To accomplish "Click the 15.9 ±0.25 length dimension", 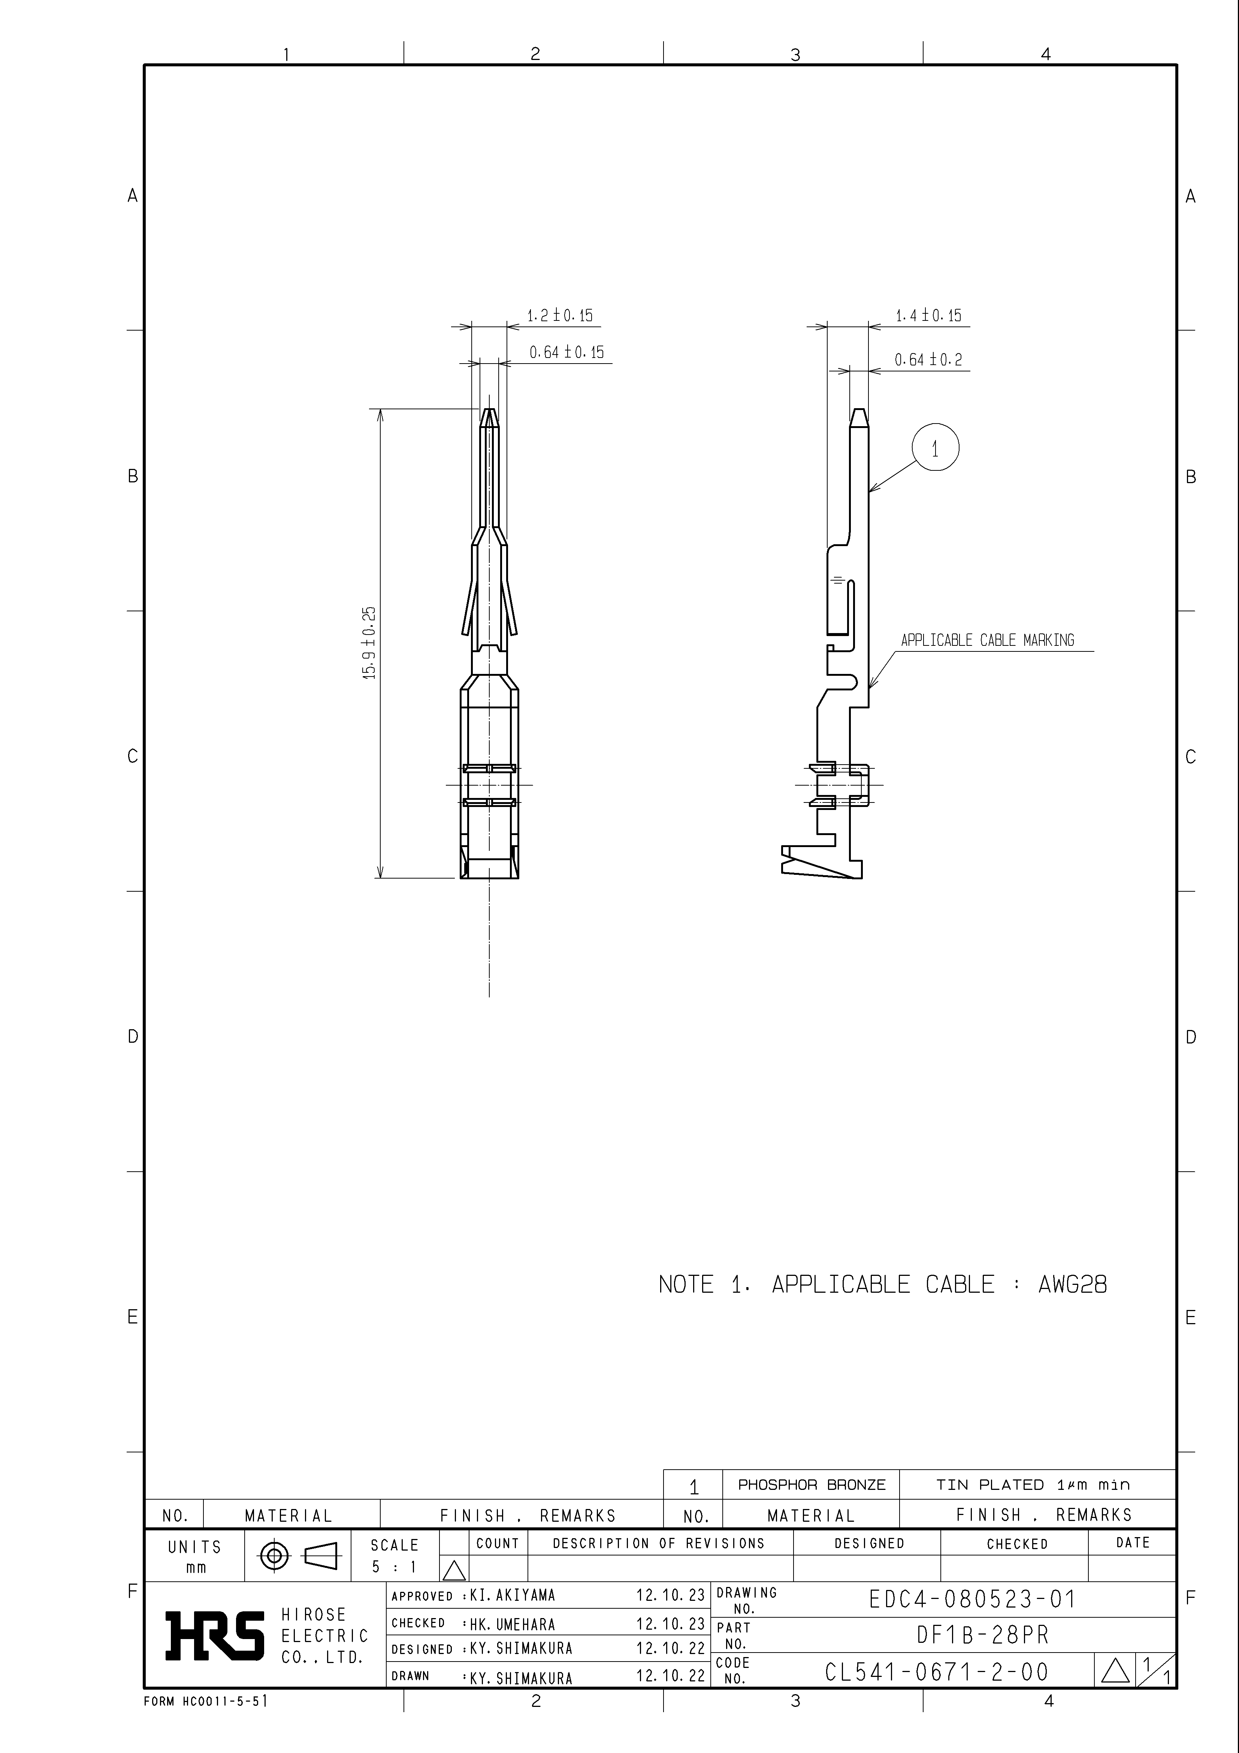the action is pos(369,643).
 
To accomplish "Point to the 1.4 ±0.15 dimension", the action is pos(928,315).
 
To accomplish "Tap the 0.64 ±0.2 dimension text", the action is pos(928,359).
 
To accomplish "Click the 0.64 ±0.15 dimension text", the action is pos(566,352).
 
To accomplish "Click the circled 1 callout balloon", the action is pos(935,448).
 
